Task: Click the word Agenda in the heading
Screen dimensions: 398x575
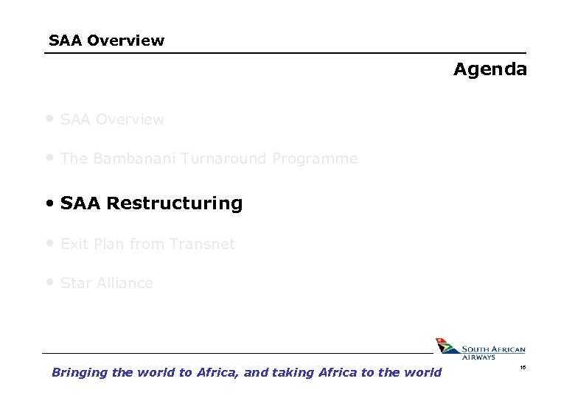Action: click(490, 70)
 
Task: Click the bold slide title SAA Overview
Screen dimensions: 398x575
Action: click(106, 41)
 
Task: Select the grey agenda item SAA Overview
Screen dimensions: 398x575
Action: click(112, 119)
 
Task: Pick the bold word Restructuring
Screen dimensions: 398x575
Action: click(175, 203)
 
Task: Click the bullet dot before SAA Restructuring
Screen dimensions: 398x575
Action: click(49, 203)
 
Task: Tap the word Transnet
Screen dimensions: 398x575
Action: click(202, 244)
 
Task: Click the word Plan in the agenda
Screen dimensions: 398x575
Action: click(108, 244)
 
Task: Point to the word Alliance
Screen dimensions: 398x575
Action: click(125, 284)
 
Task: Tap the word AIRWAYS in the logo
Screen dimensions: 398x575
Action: click(479, 357)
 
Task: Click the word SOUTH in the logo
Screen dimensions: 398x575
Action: click(477, 349)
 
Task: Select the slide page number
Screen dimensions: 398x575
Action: click(523, 366)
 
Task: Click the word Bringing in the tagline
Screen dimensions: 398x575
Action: click(80, 373)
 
